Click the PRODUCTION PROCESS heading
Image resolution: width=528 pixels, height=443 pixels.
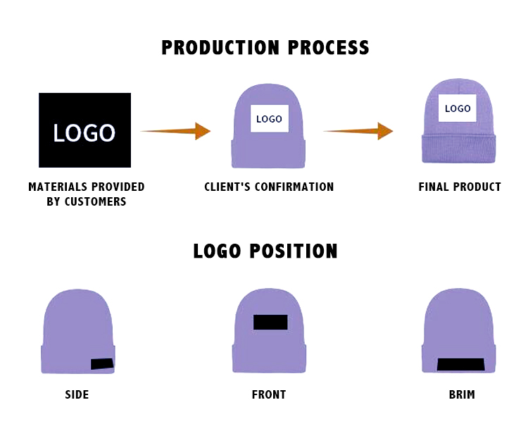click(x=265, y=47)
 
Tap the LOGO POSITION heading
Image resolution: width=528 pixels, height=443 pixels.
click(x=265, y=251)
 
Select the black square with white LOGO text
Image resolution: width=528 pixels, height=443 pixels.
click(x=84, y=130)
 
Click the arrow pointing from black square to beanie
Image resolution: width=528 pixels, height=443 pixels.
click(x=176, y=131)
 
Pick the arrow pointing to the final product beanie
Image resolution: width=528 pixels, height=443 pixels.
click(x=358, y=130)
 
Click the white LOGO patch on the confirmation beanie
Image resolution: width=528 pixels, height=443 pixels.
click(x=269, y=118)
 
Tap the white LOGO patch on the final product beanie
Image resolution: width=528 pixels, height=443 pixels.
click(x=458, y=108)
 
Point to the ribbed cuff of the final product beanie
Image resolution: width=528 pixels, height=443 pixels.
click(x=459, y=149)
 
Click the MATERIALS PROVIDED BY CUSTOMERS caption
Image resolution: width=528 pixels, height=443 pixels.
click(x=87, y=194)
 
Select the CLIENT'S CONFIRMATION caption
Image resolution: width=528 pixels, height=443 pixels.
click(x=269, y=187)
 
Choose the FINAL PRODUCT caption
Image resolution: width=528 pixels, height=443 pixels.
click(x=460, y=187)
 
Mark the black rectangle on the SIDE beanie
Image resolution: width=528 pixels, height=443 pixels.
click(x=102, y=364)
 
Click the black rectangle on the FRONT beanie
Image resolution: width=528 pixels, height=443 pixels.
click(x=270, y=322)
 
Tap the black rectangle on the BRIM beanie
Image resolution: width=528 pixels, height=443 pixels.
click(x=460, y=364)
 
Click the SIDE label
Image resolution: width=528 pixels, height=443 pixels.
click(x=77, y=394)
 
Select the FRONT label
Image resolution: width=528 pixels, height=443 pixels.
click(x=269, y=394)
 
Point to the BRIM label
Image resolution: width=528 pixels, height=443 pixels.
click(x=462, y=394)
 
